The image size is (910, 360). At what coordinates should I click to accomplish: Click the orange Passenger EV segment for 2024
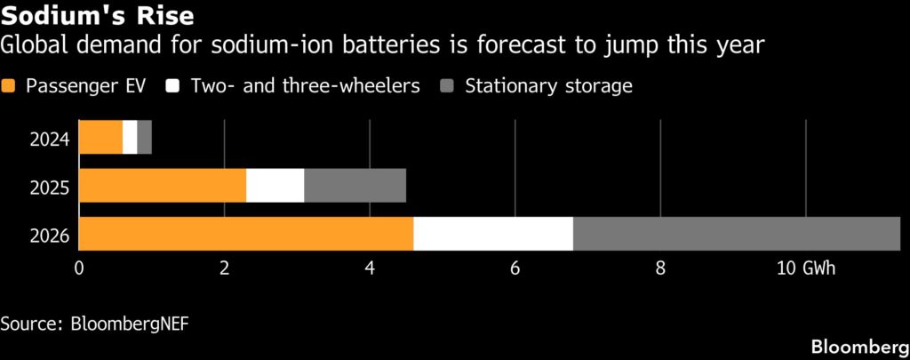100,138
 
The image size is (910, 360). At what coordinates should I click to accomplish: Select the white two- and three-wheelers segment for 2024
130,138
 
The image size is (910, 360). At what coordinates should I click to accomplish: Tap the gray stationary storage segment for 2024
144,138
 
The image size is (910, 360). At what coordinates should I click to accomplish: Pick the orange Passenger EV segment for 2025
163,186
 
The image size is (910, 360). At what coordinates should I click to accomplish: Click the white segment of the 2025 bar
275,186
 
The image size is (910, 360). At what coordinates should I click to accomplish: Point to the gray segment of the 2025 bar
355,186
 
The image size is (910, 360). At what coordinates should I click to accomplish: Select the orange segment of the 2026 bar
246,233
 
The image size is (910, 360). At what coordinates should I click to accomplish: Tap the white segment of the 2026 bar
493,233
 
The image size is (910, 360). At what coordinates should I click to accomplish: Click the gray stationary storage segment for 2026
736,233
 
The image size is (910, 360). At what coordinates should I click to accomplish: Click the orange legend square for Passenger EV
10,86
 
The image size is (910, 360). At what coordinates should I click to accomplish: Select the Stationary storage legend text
548,86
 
